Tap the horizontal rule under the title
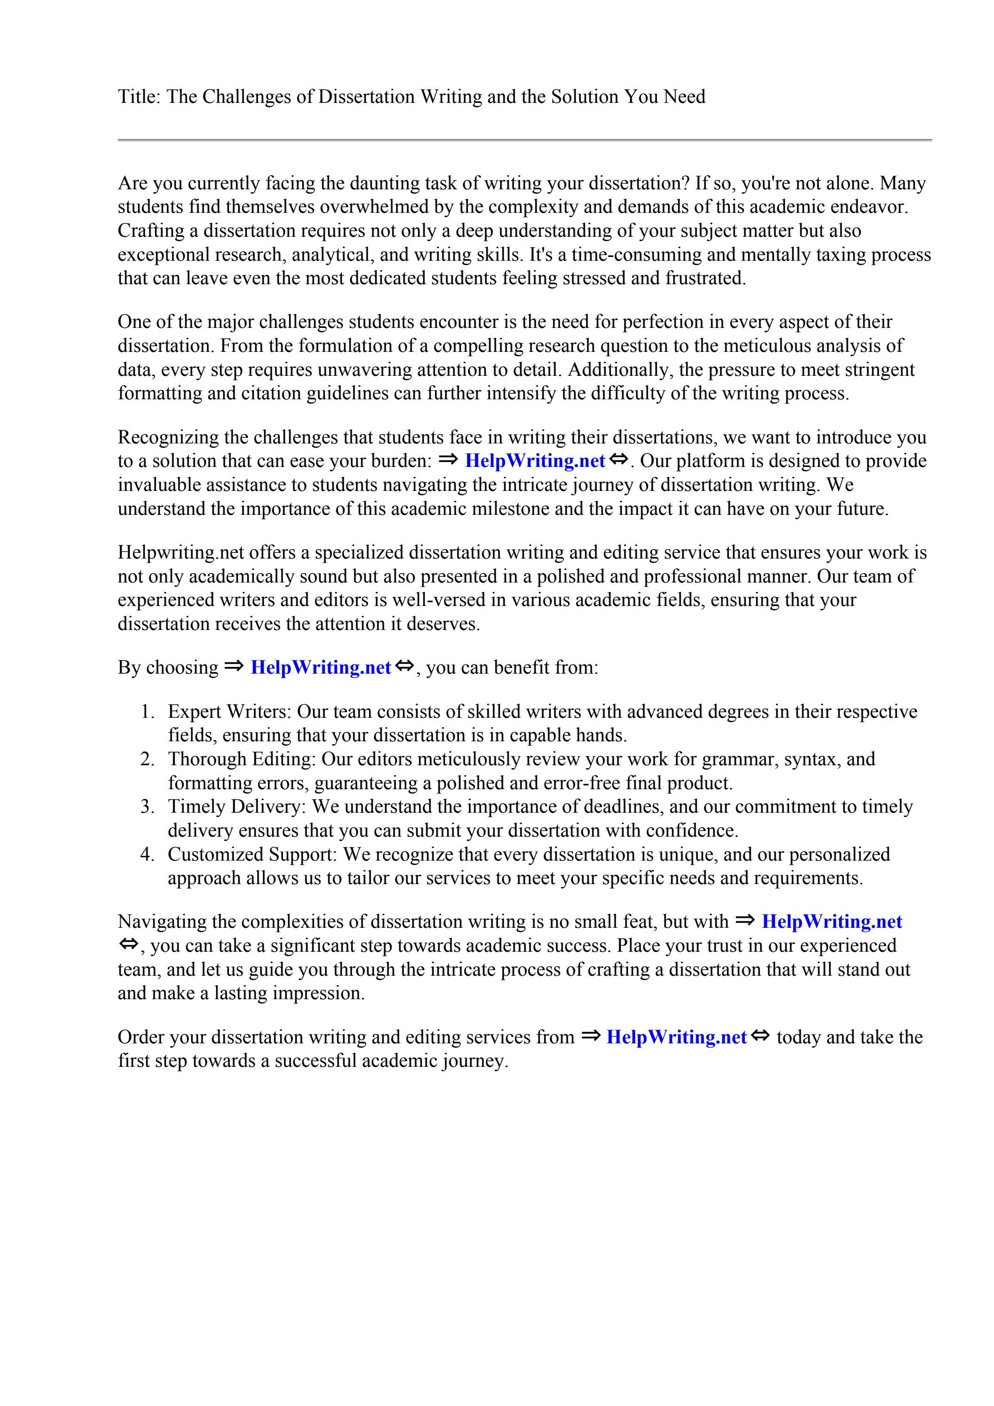click(x=524, y=140)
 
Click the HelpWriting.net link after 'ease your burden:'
click(x=535, y=461)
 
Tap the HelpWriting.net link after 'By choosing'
click(x=321, y=668)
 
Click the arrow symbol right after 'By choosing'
click(x=234, y=666)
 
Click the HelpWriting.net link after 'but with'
click(x=831, y=922)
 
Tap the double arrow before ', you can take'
click(x=128, y=945)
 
